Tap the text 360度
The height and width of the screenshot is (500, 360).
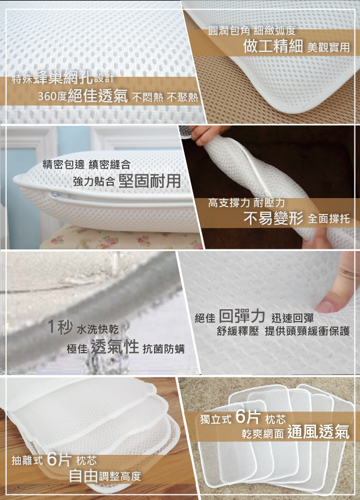(x=52, y=96)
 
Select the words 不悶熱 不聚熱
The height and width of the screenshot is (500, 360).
(x=165, y=97)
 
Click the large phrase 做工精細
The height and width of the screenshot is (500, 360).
(x=273, y=46)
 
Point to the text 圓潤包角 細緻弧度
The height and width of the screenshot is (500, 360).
(x=252, y=30)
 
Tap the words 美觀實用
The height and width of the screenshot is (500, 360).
(x=328, y=47)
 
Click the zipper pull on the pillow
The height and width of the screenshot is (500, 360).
(x=58, y=195)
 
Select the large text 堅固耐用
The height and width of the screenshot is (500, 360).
(x=150, y=181)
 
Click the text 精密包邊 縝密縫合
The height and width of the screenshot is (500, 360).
(x=87, y=165)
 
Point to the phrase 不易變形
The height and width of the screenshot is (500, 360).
(x=273, y=218)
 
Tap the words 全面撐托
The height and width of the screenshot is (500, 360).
(x=329, y=219)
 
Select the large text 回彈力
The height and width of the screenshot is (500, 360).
(x=242, y=316)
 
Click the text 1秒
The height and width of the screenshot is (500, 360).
(x=60, y=327)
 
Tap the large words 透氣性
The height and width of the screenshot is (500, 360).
(x=115, y=347)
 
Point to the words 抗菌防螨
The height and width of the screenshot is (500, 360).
(x=164, y=349)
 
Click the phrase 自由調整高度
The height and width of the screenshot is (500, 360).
(x=105, y=476)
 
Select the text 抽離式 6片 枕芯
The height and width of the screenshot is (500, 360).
(x=54, y=460)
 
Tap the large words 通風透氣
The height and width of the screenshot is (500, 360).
(x=318, y=432)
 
